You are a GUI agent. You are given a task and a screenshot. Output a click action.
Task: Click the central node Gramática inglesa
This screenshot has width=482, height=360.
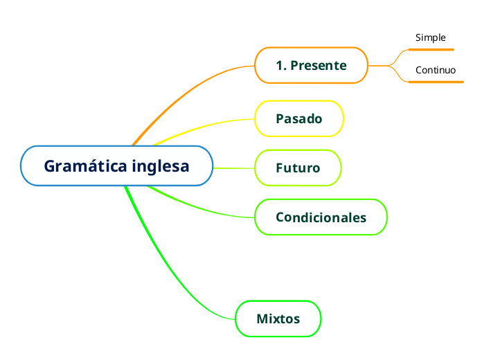[x=116, y=166]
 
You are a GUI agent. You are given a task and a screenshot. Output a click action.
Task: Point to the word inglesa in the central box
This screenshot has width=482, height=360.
[x=160, y=167]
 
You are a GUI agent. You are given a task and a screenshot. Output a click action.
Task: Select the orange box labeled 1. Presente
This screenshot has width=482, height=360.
[x=311, y=66]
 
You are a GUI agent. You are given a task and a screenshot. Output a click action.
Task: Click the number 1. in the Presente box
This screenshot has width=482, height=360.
[x=281, y=66]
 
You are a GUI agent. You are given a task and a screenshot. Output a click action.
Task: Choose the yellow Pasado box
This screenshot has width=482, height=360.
[x=299, y=118]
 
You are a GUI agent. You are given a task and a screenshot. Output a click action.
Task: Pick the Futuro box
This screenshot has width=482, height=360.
[x=298, y=168]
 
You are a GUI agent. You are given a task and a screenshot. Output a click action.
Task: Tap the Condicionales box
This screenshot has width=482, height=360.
[x=321, y=217]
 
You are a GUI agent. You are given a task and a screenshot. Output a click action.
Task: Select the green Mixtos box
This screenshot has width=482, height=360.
[x=278, y=319]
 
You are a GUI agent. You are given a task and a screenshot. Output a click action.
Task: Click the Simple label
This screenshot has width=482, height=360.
[x=430, y=37]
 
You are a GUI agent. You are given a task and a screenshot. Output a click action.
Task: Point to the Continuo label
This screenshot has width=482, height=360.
[x=436, y=70]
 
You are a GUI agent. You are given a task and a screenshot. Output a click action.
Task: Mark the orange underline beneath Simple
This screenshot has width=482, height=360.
[x=431, y=49]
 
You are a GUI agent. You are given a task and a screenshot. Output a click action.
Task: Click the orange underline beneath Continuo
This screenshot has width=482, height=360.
[x=436, y=82]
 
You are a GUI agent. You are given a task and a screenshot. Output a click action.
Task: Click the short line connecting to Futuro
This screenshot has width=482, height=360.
[x=233, y=168]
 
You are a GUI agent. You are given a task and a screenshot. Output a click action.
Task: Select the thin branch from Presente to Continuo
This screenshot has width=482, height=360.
[x=396, y=75]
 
